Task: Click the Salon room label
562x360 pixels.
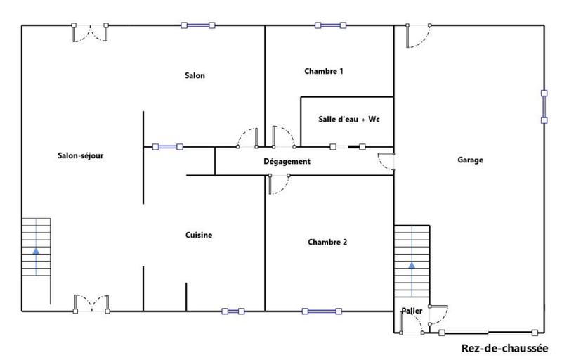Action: pos(195,76)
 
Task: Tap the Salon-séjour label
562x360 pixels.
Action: pos(81,156)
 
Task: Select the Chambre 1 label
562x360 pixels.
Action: pos(324,71)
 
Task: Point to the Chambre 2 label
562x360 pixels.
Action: pos(327,242)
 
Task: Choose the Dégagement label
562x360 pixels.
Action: pos(287,162)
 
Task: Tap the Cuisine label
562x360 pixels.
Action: pos(199,236)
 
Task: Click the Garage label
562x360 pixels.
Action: pos(470,160)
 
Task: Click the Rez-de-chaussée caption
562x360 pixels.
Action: pos(504,348)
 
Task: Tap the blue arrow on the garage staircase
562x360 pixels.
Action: pos(411,276)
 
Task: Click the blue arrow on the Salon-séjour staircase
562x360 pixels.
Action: pos(36,260)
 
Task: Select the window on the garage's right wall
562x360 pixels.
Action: pos(544,106)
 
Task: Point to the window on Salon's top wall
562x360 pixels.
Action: pos(197,25)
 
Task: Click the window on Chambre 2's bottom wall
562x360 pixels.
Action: pos(322,311)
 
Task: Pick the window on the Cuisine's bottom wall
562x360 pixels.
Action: pos(233,311)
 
